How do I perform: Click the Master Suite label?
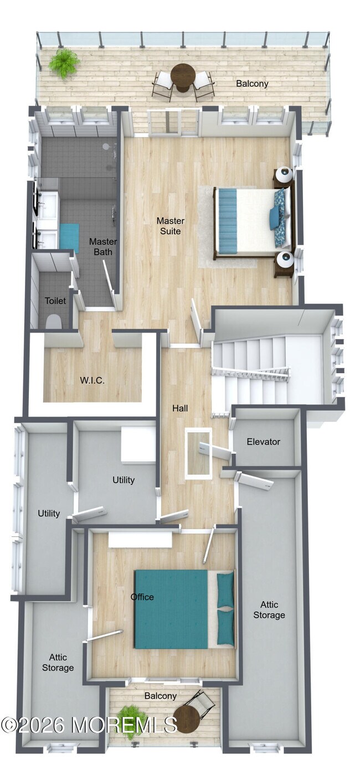coord(170,226)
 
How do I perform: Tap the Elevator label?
coord(263,442)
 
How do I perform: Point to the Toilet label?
coord(55,301)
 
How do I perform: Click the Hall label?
coord(180,409)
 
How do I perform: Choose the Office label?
coord(142,597)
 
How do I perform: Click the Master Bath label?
coord(102,246)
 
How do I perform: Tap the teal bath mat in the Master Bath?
coord(69,238)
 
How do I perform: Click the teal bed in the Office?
coord(172,609)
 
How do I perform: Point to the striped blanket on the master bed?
coord(228,220)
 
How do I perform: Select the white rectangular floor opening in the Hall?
coord(198,453)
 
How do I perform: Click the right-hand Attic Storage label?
coord(269,609)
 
